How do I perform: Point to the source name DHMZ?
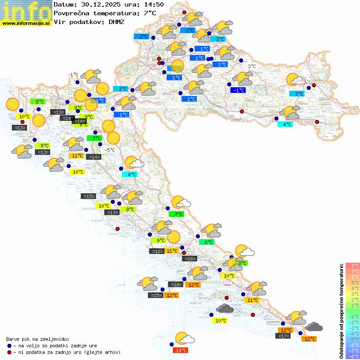117,21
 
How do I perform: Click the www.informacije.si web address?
26,23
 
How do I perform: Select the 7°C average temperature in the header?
149,13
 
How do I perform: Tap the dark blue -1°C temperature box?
238,90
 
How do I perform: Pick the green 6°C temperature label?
206,242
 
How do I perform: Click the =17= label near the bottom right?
283,336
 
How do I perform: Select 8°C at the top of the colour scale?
353,266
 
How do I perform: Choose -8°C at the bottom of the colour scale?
353,357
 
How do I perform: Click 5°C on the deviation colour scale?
353,283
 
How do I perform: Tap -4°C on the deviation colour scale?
353,334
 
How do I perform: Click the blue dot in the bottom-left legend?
9,345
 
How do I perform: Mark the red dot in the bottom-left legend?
9,352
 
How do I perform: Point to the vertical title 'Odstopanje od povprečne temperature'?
341,311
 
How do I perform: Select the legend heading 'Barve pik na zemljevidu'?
38,339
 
